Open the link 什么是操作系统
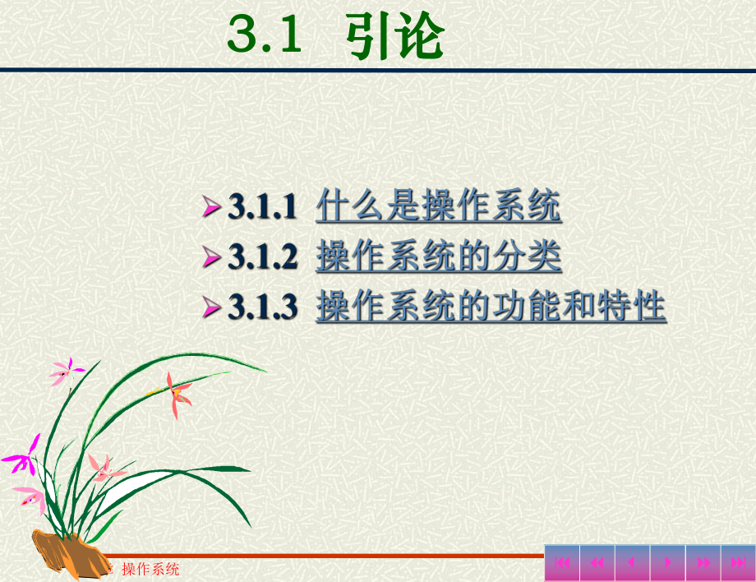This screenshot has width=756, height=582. [438, 206]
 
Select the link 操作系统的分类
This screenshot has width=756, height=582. [438, 257]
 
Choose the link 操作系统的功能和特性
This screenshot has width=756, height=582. [491, 307]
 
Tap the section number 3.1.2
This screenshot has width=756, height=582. [262, 258]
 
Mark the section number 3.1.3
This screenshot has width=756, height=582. [262, 308]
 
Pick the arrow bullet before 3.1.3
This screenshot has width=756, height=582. [212, 308]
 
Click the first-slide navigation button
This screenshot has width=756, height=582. [562, 563]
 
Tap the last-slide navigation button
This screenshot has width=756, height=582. [738, 563]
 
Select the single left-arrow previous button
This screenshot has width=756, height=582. [632, 563]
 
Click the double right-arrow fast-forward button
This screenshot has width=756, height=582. [703, 563]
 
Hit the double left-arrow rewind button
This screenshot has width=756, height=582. [597, 563]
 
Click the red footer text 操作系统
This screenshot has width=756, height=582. [150, 569]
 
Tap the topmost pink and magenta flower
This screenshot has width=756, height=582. [66, 372]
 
